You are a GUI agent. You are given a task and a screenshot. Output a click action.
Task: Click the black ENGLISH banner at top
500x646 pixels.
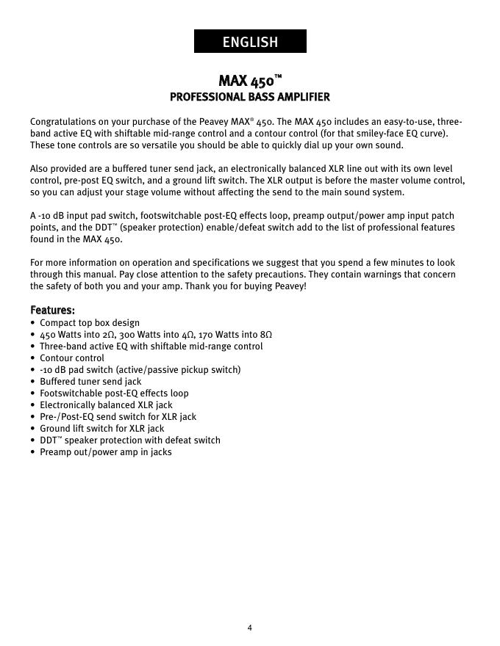tap(250, 42)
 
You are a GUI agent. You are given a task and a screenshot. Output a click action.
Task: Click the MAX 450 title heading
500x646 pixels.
tap(250, 80)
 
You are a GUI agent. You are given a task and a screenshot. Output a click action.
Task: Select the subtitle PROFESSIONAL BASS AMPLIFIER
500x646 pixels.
tap(250, 97)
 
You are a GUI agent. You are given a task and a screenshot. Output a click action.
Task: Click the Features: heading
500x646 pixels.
tap(52, 310)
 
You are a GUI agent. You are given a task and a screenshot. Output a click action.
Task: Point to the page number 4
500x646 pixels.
tap(250, 628)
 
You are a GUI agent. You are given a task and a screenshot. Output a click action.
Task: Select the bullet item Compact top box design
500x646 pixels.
tap(90, 323)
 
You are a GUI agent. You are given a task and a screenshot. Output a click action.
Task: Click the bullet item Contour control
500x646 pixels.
tap(72, 358)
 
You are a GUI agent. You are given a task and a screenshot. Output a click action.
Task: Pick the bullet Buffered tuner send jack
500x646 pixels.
tap(90, 382)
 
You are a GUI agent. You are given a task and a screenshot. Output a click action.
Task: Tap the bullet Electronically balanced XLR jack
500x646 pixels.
tap(106, 405)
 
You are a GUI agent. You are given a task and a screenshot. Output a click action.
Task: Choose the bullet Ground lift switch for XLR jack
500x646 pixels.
tap(102, 429)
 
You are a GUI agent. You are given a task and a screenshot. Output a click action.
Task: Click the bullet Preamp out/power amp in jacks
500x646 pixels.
tap(106, 452)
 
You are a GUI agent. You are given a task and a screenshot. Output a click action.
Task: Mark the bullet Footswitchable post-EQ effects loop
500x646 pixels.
tap(114, 393)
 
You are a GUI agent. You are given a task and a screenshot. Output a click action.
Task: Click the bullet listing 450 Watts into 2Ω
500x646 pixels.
tap(156, 335)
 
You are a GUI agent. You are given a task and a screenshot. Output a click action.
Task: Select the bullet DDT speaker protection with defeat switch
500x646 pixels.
tap(130, 440)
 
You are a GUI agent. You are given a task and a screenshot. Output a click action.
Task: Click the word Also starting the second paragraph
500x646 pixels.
tap(40, 169)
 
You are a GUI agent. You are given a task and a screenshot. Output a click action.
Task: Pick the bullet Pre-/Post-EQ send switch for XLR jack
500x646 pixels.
tap(118, 417)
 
